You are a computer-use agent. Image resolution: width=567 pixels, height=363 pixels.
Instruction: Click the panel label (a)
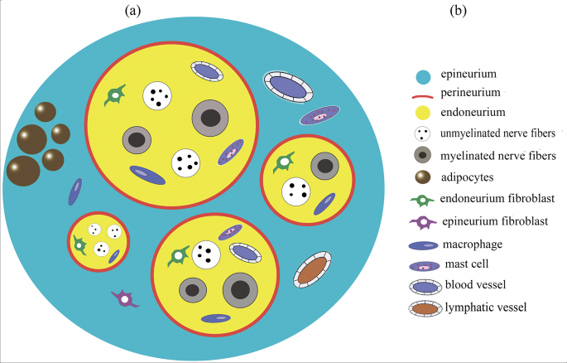coord(133,12)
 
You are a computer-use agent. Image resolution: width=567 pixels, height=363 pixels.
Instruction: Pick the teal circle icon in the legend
coord(422,76)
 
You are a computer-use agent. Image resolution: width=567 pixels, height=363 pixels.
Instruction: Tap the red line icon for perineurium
coord(422,94)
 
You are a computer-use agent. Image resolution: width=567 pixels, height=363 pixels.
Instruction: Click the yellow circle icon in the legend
coord(422,112)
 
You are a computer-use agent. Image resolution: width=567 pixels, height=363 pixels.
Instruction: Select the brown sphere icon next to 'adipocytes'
coord(422,177)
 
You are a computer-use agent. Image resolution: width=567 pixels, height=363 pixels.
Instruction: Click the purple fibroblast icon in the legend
coord(422,221)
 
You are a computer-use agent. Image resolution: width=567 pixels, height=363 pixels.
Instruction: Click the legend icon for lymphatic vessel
coord(422,308)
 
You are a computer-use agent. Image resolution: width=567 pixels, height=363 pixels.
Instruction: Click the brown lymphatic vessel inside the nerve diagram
coord(312,269)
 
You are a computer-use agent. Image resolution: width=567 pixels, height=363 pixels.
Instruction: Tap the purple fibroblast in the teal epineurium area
coord(124,299)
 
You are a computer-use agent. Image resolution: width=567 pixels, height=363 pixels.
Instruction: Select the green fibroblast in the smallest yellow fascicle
coord(79,244)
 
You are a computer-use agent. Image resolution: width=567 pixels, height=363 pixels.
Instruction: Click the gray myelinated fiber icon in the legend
coord(422,155)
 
